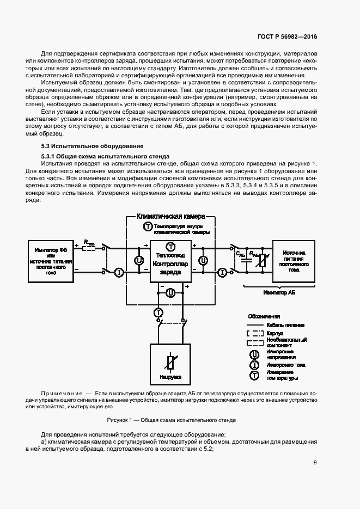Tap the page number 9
(x=315, y=463)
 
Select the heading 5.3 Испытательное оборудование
(x=93, y=146)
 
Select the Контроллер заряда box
(x=170, y=261)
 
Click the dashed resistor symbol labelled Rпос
(x=89, y=248)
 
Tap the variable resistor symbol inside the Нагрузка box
(x=170, y=360)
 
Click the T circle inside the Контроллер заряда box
(x=170, y=246)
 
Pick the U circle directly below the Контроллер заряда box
(x=170, y=292)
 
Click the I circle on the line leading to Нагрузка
(x=158, y=312)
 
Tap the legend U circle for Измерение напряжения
(x=254, y=353)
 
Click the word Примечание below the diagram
(x=60, y=392)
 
